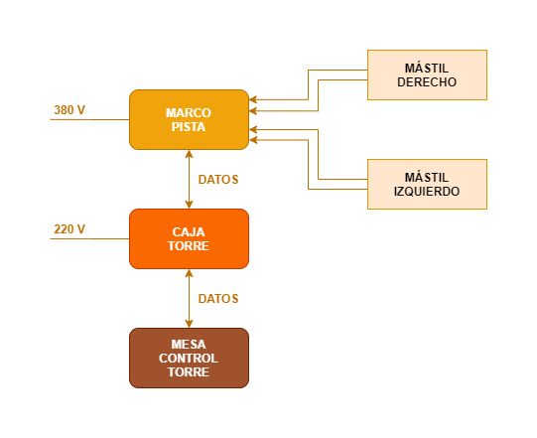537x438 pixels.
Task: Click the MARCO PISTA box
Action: point(189,119)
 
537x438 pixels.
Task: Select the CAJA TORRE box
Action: point(189,239)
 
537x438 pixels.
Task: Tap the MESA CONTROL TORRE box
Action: point(189,359)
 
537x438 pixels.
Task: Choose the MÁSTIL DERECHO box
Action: point(427,75)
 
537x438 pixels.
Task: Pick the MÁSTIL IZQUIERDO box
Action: point(427,184)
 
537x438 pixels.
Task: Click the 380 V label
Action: point(69,110)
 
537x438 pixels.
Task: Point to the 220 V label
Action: point(69,229)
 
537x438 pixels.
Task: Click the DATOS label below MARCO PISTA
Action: point(218,180)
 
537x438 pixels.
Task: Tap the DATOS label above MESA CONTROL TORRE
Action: point(218,299)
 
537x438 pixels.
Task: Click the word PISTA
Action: point(189,127)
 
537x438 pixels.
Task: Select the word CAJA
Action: point(189,232)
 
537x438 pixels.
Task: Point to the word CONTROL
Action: point(189,359)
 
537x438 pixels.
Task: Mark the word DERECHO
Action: point(427,81)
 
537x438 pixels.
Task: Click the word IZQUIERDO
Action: point(427,192)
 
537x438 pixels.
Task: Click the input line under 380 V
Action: point(89,119)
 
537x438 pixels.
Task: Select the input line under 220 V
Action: point(89,239)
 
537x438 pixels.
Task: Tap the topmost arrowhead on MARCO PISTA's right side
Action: point(253,99)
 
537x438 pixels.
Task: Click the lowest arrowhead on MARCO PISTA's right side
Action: point(253,140)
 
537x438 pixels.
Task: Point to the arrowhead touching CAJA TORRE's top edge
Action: point(189,205)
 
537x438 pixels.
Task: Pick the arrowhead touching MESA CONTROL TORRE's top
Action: point(189,324)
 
